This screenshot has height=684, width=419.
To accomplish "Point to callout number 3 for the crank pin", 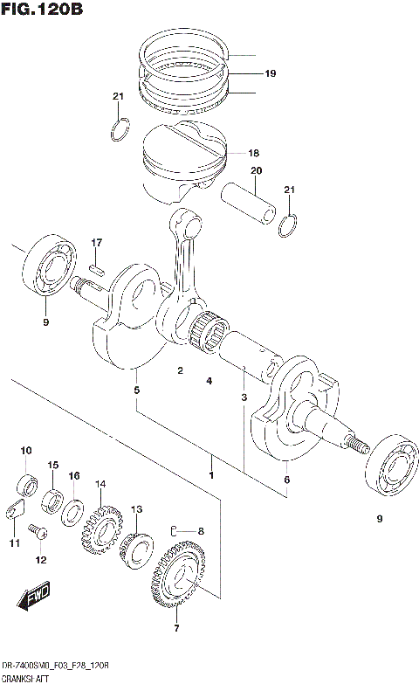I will click(245, 398).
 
